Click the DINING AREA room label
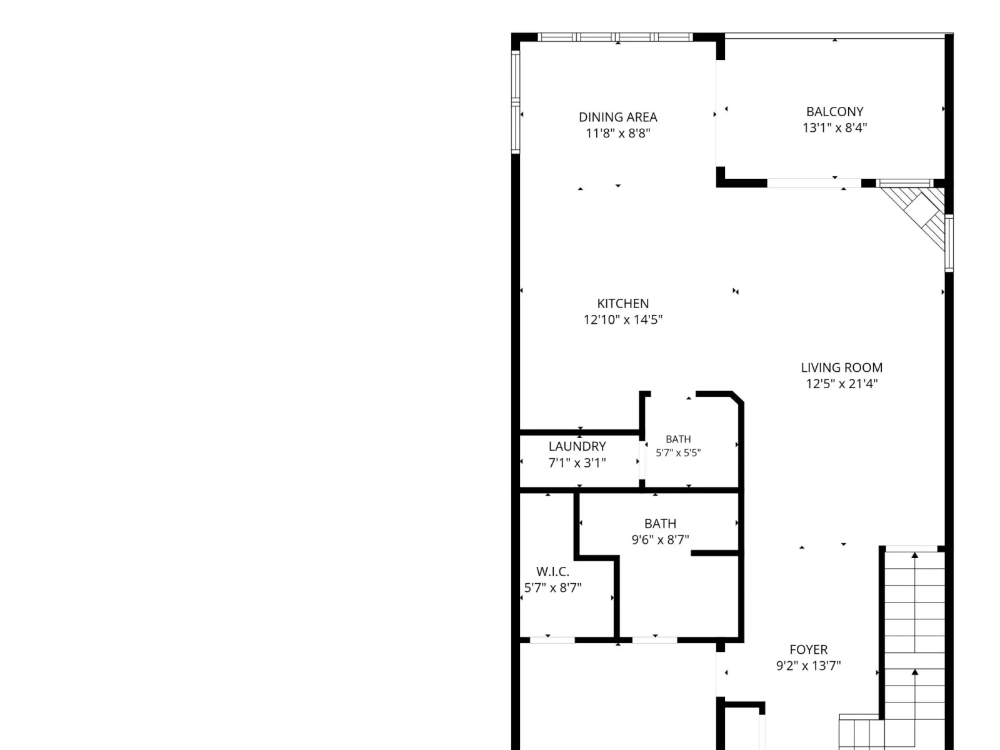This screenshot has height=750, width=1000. [x=617, y=117]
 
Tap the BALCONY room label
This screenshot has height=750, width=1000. [x=834, y=112]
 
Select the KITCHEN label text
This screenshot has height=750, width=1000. [x=622, y=303]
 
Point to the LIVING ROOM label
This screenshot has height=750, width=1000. [x=841, y=367]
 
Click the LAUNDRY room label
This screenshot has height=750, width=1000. [x=577, y=446]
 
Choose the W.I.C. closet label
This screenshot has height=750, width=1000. [x=552, y=571]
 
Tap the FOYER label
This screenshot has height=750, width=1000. [x=809, y=649]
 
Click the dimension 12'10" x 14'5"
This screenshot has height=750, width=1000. [x=622, y=319]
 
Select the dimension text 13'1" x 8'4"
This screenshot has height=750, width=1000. [x=834, y=127]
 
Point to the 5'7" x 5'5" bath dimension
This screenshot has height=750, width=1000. [x=678, y=452]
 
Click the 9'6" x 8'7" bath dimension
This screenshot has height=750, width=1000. [x=660, y=539]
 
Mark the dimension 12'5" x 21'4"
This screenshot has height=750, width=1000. [x=841, y=384]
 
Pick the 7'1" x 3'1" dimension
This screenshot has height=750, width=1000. [x=577, y=462]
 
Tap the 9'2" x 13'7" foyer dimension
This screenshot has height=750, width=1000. [x=809, y=666]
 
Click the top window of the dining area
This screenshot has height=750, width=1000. [x=616, y=37]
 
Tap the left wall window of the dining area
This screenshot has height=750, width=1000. [x=515, y=101]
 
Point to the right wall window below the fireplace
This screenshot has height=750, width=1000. [x=949, y=243]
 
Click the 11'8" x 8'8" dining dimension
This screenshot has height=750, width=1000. [x=617, y=133]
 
